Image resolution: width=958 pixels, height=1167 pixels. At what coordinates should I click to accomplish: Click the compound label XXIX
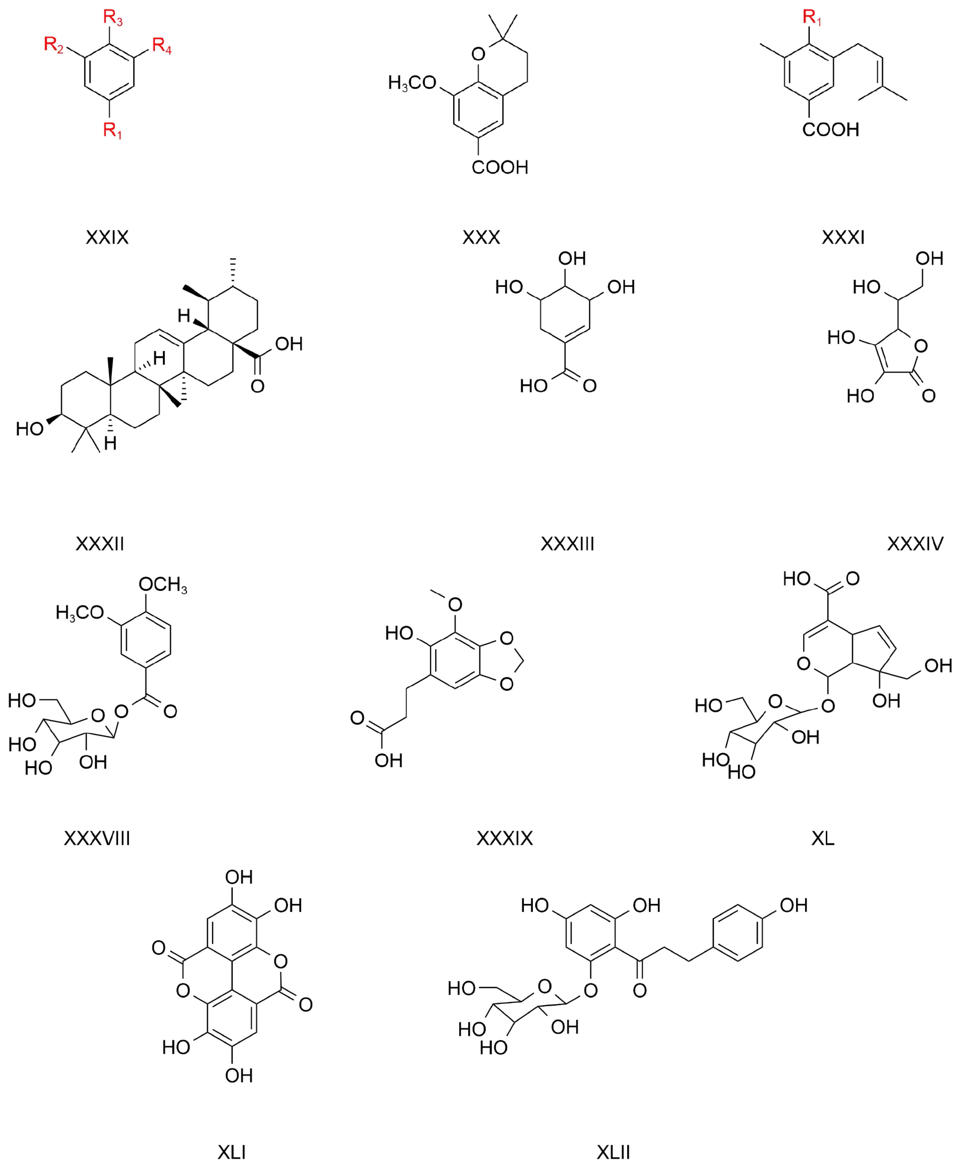pyautogui.click(x=107, y=237)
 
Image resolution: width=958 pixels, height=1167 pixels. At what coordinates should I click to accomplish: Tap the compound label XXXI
pyautogui.click(x=843, y=237)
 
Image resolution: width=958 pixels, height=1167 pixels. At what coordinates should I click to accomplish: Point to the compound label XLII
pyautogui.click(x=613, y=1152)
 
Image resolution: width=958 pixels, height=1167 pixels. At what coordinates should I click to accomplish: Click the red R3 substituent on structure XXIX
pyautogui.click(x=113, y=18)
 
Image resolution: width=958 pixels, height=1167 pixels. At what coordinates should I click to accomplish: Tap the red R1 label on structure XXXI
pyautogui.click(x=812, y=18)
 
